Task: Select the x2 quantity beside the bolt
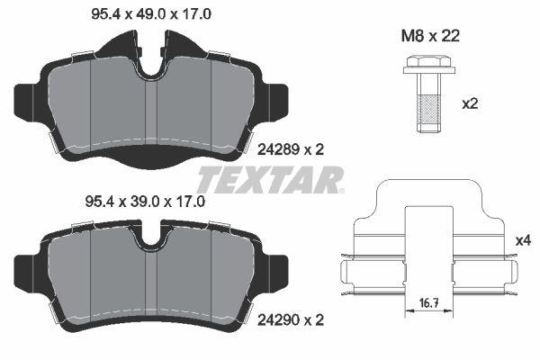tap(469, 103)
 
